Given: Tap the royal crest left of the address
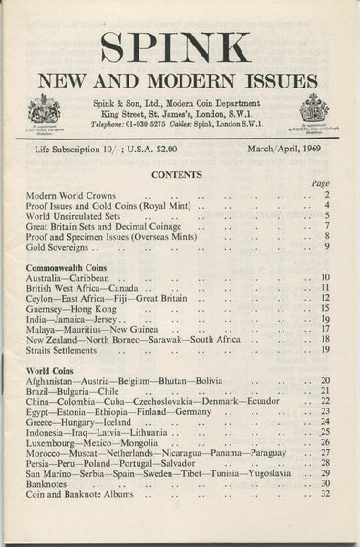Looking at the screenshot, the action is click(x=44, y=109).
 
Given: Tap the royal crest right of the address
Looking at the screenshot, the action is click(x=314, y=109).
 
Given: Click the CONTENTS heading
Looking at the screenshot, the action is click(x=177, y=174).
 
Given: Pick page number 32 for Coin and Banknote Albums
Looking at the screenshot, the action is click(x=325, y=493).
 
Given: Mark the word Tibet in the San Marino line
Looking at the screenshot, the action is click(x=212, y=473).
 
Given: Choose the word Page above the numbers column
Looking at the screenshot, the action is click(x=320, y=183).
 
